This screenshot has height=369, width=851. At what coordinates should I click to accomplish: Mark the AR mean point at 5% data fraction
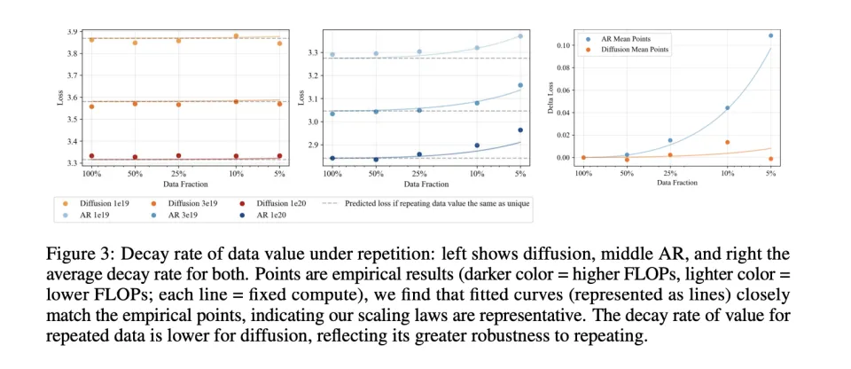pyautogui.click(x=770, y=35)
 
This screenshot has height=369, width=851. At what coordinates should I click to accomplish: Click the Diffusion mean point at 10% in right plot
pyautogui.click(x=727, y=142)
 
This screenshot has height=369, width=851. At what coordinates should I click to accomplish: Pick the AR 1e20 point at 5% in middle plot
pyautogui.click(x=520, y=130)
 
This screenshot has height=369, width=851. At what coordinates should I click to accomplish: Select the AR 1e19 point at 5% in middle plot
pyautogui.click(x=520, y=36)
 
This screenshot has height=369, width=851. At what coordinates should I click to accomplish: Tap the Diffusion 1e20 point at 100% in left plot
pyautogui.click(x=90, y=156)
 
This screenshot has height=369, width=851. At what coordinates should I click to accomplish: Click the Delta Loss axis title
pyautogui.click(x=554, y=98)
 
